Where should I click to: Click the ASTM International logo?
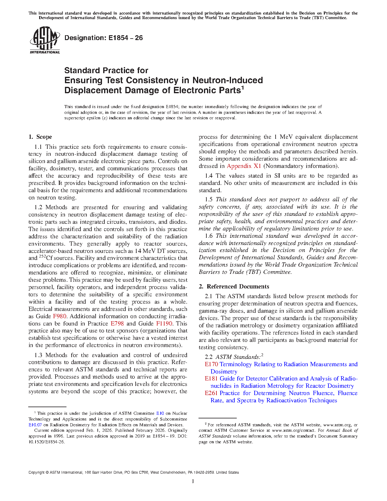[45, 40]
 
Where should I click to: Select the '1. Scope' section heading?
[40, 137]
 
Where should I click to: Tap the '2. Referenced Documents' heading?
[234, 287]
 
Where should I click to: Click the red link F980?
[59, 316]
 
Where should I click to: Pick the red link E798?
[117, 324]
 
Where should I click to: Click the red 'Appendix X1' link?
[244, 166]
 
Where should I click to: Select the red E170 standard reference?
[211, 364]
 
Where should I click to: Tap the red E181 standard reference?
[211, 379]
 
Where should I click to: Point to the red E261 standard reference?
[211, 393]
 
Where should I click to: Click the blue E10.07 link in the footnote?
[35, 425]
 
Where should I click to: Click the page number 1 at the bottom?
[193, 481]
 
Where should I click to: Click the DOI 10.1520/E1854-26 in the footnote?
[47, 442]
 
